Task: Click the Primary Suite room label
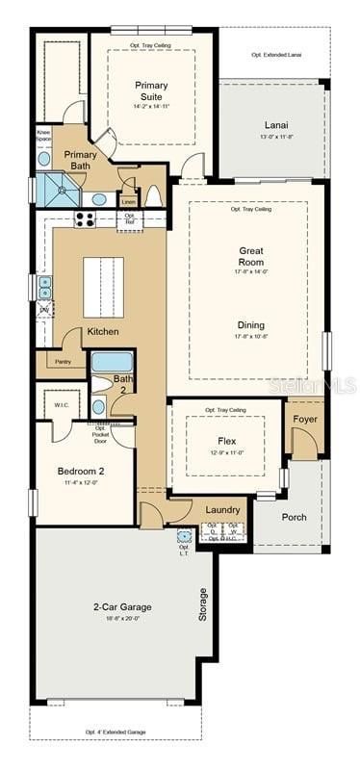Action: point(151,90)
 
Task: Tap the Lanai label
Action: point(276,125)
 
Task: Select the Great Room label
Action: point(251,256)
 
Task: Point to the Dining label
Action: point(251,324)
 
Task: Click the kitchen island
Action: point(103,286)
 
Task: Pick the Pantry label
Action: point(63,362)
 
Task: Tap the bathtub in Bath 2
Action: point(112,363)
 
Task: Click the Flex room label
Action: point(226,440)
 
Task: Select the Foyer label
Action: point(305,420)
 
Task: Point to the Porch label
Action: point(294,517)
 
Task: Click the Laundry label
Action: point(222,509)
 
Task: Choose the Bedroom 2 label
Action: point(82,472)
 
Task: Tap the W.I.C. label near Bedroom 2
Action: point(60,404)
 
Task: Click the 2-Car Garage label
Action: point(120,607)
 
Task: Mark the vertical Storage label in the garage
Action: point(202,603)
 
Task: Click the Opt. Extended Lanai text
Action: point(275,55)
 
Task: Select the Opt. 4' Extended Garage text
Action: point(116,732)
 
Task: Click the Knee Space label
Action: point(43,136)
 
